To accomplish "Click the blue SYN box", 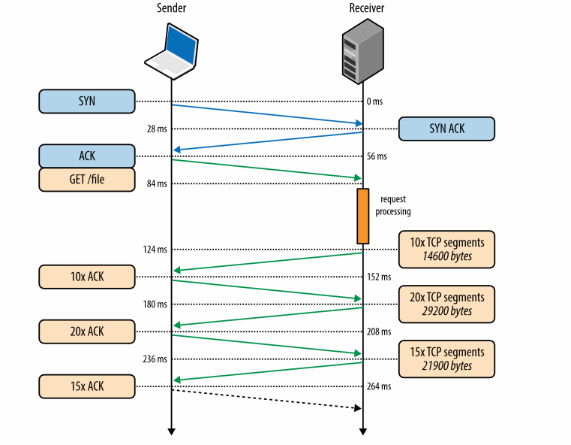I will coord(86,101).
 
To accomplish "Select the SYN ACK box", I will coord(446,129).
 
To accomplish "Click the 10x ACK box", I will coord(86,277).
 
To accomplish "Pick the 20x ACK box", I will coord(86,331).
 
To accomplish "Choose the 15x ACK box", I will coord(86,386).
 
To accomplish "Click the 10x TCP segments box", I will coord(446,249).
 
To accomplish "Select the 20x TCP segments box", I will coord(446,304).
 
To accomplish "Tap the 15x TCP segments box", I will coord(446,359).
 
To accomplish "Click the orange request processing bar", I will coord(362,216).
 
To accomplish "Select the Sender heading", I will coord(171,8).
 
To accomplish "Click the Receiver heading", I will coord(362,8).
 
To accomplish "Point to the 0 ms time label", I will coord(375,101).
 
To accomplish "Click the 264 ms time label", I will coord(380,386).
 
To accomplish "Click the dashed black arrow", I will coord(266,399).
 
